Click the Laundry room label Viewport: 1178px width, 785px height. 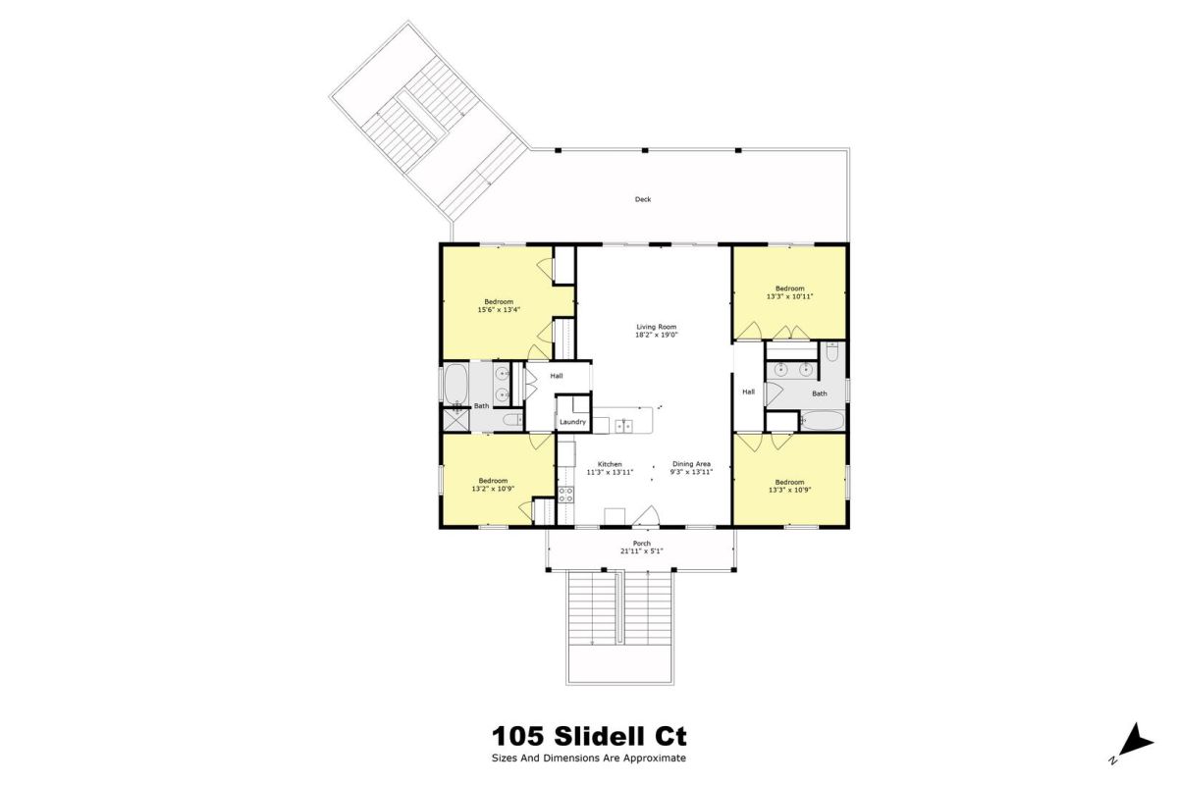[x=572, y=422]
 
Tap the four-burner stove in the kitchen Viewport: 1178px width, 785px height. [x=565, y=495]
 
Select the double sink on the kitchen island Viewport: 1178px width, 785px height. [x=624, y=425]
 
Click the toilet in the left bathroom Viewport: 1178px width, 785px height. [x=512, y=420]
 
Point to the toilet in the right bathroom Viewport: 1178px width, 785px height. [x=832, y=351]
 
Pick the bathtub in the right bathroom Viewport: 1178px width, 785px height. [x=823, y=421]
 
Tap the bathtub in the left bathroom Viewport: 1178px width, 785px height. [x=455, y=384]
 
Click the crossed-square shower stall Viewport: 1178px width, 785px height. [x=455, y=420]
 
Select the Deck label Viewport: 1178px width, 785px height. [x=643, y=199]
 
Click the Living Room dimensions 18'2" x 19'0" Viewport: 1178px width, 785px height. [x=657, y=335]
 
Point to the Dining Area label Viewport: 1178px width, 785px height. [x=691, y=464]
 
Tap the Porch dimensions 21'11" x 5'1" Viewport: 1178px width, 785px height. [x=642, y=551]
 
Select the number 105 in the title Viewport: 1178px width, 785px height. [x=517, y=737]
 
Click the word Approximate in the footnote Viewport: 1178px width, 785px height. [x=655, y=759]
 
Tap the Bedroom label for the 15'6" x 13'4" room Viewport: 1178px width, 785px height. [x=499, y=302]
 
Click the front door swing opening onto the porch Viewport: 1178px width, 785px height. [x=646, y=516]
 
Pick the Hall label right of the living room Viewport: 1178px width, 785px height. [x=748, y=392]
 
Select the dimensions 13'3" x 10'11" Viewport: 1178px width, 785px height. [x=790, y=296]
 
